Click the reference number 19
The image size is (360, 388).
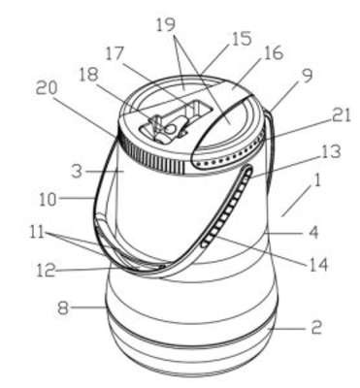[x=166, y=25]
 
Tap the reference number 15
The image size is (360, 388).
[x=241, y=39]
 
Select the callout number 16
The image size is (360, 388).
[x=274, y=52]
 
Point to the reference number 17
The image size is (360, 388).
[x=115, y=53]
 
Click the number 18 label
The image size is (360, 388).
[x=88, y=75]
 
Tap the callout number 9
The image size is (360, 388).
[x=307, y=76]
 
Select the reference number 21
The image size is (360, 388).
[x=340, y=114]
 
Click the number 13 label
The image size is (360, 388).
[x=331, y=151]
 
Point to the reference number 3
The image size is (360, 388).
[x=77, y=171]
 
